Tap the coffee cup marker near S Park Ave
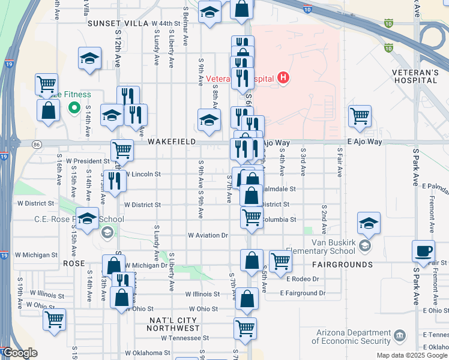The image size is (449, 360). click(x=423, y=250)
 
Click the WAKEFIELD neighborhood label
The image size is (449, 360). click(x=172, y=141)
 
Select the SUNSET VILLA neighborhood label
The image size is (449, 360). click(x=117, y=23)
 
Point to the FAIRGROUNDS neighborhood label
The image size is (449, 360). click(x=342, y=264)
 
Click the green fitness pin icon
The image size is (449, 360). click(x=74, y=108)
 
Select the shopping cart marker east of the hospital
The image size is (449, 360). click(x=360, y=116)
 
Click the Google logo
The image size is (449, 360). click(x=19, y=353)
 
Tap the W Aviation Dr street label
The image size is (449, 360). click(x=208, y=236)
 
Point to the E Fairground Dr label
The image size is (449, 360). click(x=303, y=293)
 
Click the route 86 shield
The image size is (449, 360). click(x=37, y=144)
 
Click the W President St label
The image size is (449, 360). click(x=88, y=161)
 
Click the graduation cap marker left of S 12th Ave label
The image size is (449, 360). click(x=89, y=59)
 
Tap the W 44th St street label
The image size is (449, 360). click(x=166, y=23)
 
